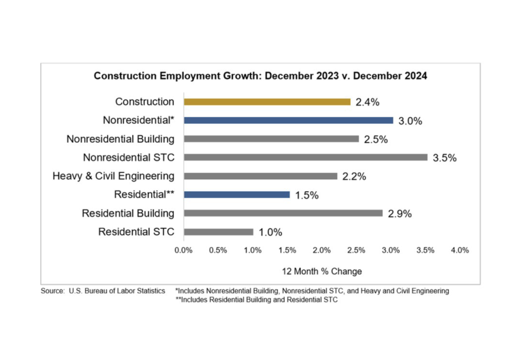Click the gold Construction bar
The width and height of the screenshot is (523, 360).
pyautogui.click(x=267, y=102)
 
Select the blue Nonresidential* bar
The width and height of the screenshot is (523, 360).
pyautogui.click(x=288, y=120)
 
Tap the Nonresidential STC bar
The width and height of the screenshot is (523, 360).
pyautogui.click(x=305, y=157)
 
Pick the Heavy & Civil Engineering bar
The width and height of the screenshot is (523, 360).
pyautogui.click(x=260, y=176)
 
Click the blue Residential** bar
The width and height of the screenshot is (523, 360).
pyautogui.click(x=236, y=195)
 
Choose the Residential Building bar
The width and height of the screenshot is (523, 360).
pyautogui.click(x=283, y=213)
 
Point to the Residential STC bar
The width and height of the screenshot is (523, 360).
pyautogui.click(x=218, y=231)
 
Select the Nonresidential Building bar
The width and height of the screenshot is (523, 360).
pyautogui.click(x=271, y=139)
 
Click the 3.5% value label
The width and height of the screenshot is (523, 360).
pyautogui.click(x=444, y=158)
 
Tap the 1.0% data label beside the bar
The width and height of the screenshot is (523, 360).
pyautogui.click(x=270, y=232)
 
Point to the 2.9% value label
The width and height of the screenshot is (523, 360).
pyautogui.click(x=399, y=214)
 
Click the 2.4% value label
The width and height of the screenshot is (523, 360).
pyautogui.click(x=367, y=103)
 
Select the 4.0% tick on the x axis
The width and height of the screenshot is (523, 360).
pyautogui.click(x=460, y=250)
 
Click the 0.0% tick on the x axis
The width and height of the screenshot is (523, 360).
pyautogui.click(x=183, y=250)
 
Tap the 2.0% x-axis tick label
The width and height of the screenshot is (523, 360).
pyautogui.click(x=321, y=250)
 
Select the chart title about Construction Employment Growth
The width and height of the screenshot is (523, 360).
pyautogui.click(x=260, y=76)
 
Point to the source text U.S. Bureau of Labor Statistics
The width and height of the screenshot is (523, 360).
pyautogui.click(x=116, y=291)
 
